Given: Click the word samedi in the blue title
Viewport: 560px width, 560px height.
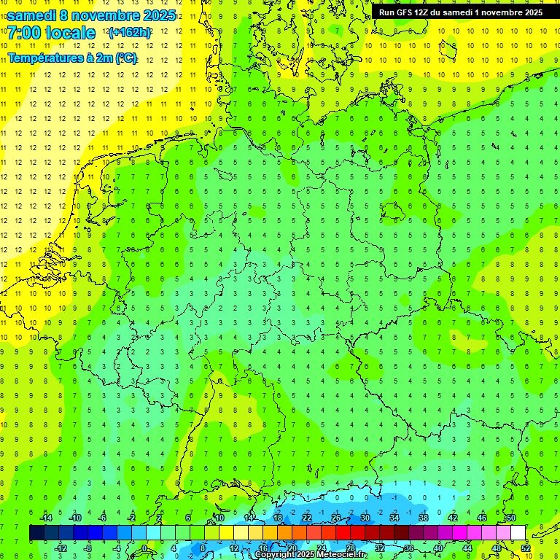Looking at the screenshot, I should (32, 15).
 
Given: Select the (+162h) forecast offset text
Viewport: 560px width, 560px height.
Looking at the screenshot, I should (129, 33).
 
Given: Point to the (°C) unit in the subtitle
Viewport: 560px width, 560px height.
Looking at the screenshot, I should (125, 58).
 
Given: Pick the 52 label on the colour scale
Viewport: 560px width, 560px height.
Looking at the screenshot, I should (526, 548).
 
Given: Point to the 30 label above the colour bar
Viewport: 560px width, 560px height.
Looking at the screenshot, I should (365, 518).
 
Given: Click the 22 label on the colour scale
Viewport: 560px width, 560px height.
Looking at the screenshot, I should (307, 518).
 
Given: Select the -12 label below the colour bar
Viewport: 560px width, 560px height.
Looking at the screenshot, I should (61, 548).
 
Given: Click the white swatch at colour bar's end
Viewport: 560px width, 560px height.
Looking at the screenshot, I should (518, 533).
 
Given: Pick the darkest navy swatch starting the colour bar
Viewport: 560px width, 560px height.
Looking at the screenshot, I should (36, 533).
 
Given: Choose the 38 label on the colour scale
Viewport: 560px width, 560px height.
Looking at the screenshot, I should (423, 518).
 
